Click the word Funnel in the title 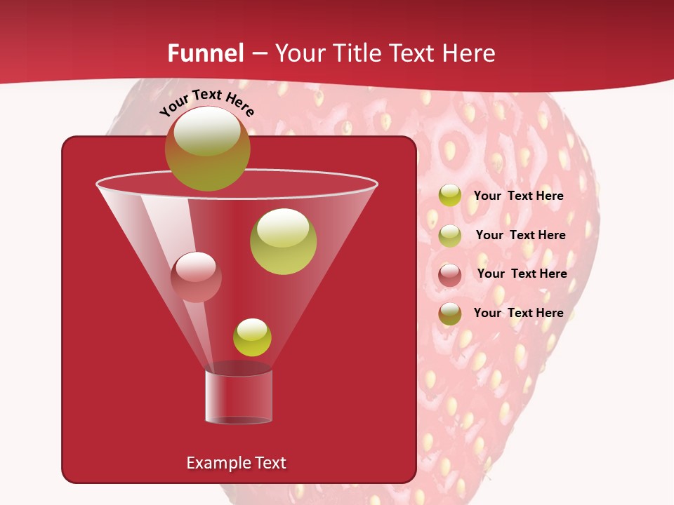(206, 53)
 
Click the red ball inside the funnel (196, 278)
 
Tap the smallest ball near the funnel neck (252, 337)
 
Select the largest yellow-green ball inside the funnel (283, 242)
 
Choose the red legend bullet (450, 275)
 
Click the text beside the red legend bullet (522, 274)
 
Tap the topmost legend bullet (450, 196)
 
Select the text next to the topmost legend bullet (518, 196)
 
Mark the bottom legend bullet (450, 314)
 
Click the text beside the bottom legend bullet (518, 313)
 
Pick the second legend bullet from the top (450, 236)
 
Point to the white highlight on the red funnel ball (196, 265)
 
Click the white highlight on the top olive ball (206, 131)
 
